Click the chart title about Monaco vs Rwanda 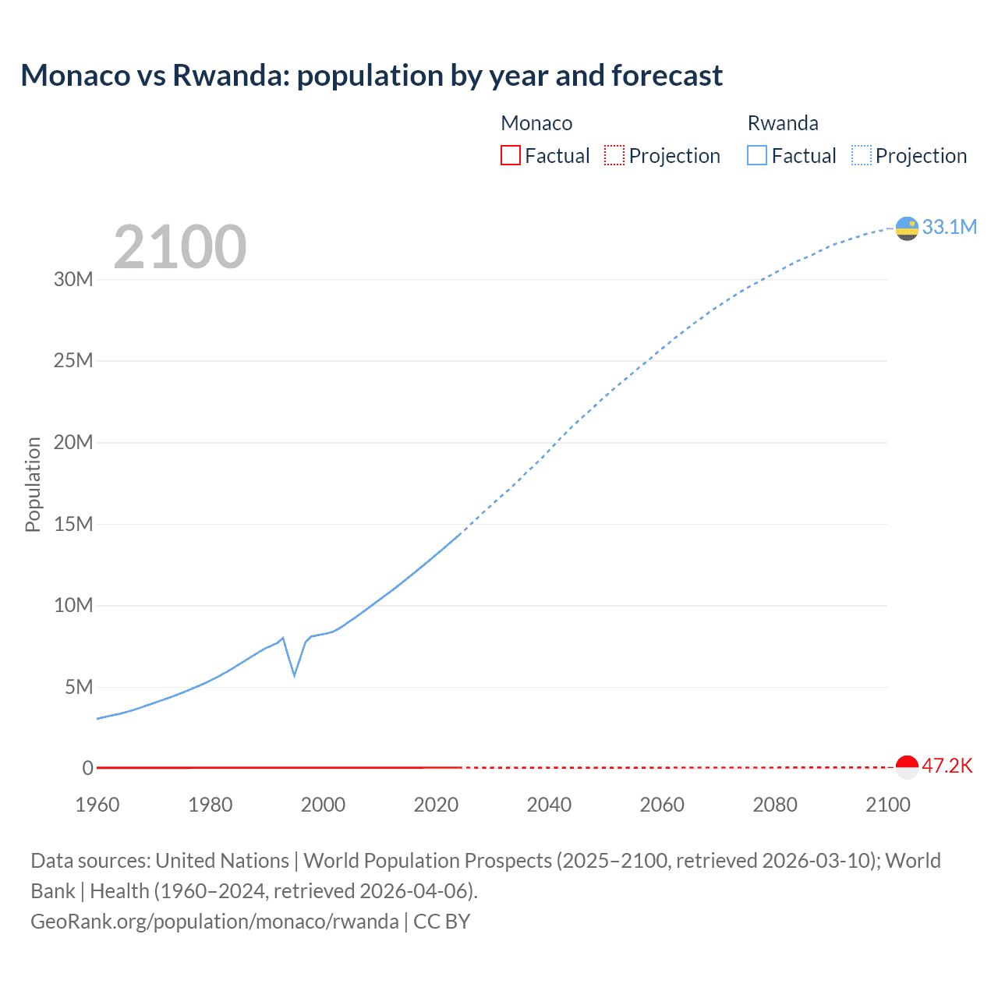click(371, 76)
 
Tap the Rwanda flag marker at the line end click(907, 228)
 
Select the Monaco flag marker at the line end click(907, 767)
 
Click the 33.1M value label click(949, 227)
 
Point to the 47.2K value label click(947, 766)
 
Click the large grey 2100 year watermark click(180, 247)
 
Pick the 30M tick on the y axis click(73, 279)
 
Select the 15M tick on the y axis click(73, 524)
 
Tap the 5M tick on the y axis click(79, 687)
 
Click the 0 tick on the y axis click(88, 768)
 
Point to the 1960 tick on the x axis click(97, 805)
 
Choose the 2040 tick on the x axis click(549, 805)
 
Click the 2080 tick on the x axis click(775, 805)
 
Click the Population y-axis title click(33, 484)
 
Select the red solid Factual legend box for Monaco click(511, 155)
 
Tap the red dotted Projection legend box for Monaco click(614, 155)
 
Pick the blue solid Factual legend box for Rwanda click(757, 155)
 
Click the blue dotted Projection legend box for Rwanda click(861, 155)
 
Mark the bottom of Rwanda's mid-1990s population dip click(294, 675)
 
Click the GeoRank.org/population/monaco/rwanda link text click(214, 922)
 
